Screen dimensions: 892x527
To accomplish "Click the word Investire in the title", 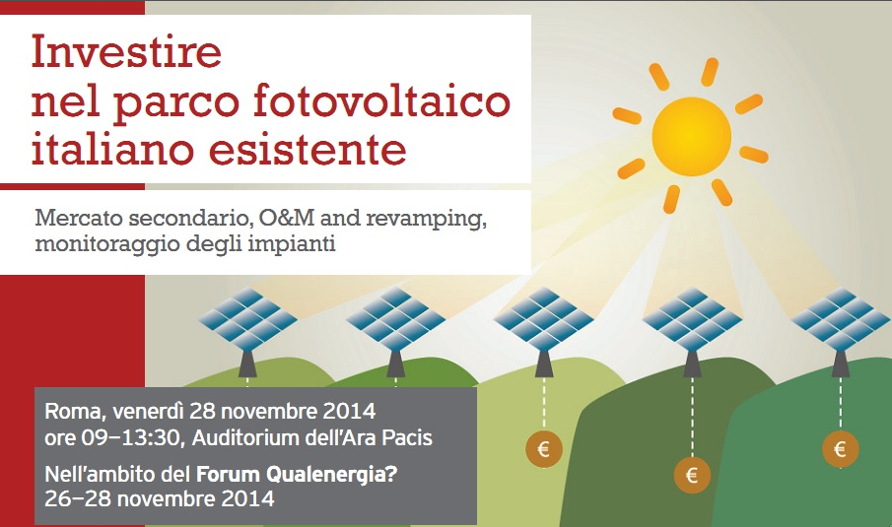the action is [x=126, y=52].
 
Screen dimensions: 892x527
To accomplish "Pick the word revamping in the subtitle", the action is [x=426, y=219].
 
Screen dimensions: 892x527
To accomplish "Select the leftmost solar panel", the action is [x=248, y=318].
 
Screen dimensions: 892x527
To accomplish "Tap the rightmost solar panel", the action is [x=841, y=319].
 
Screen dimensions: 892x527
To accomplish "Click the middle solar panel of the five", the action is [x=544, y=319].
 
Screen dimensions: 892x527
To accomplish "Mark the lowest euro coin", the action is [x=692, y=475].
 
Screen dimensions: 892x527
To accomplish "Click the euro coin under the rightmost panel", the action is [x=840, y=449].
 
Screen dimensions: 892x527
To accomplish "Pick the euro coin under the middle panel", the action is [x=544, y=449].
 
